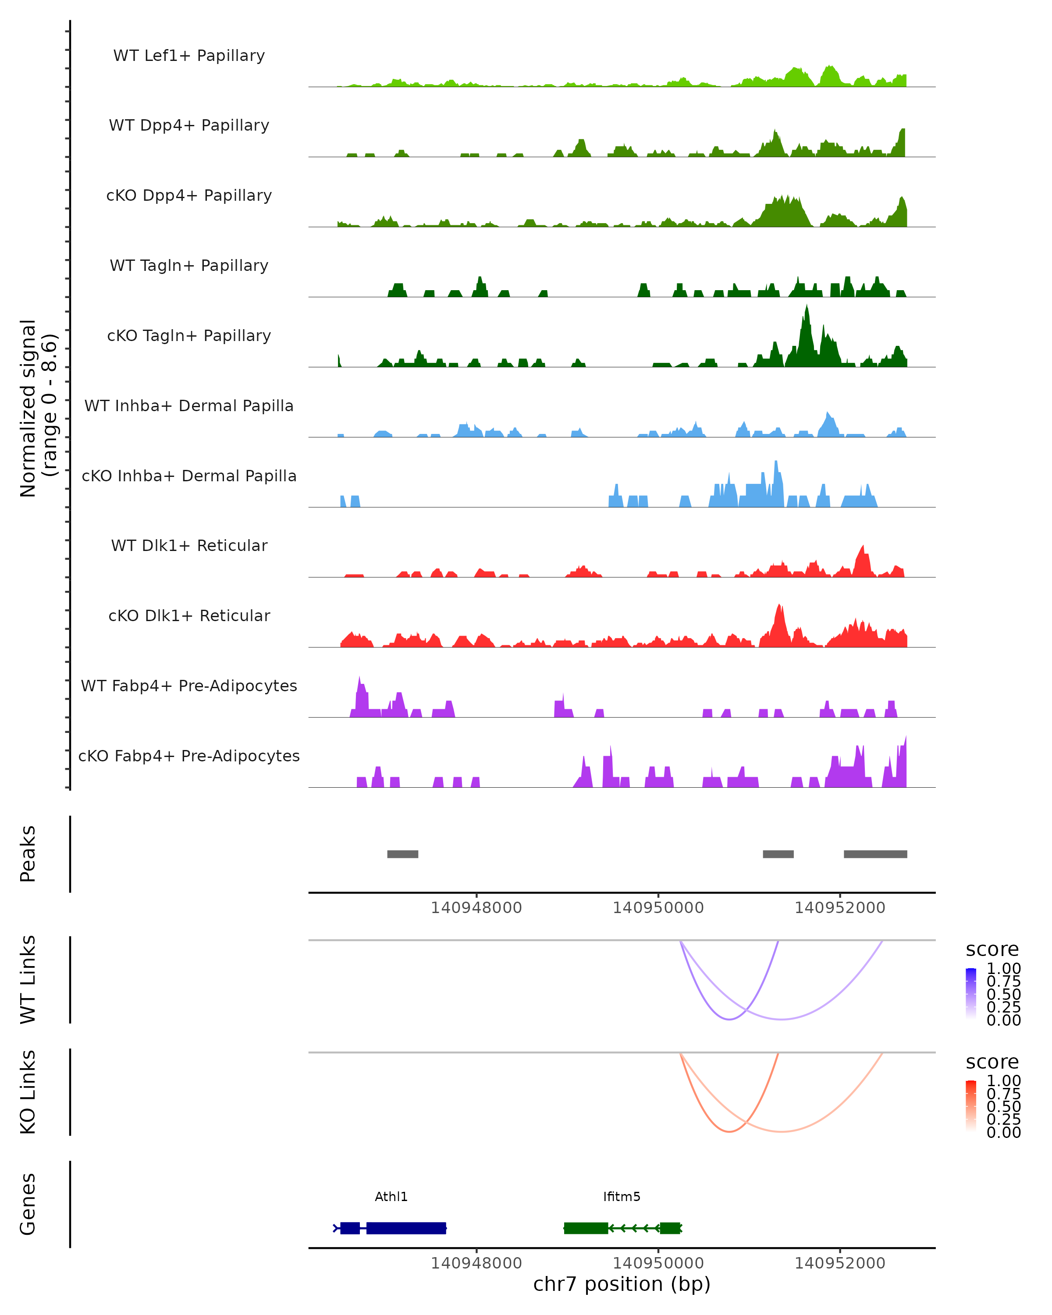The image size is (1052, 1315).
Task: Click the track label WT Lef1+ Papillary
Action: click(x=189, y=56)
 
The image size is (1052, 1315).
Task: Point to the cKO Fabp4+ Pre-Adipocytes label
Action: click(x=189, y=756)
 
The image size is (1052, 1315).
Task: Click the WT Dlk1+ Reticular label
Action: click(x=189, y=545)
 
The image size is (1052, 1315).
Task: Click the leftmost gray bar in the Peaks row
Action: click(x=402, y=854)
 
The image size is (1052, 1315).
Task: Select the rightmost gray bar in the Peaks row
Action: click(x=875, y=854)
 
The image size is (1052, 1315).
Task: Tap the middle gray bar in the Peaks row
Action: click(x=778, y=854)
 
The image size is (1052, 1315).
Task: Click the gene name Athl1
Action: click(x=391, y=1197)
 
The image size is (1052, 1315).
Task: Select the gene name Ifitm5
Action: click(x=622, y=1197)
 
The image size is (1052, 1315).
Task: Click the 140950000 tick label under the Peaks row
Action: click(x=658, y=908)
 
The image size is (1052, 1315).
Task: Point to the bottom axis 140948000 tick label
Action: click(x=476, y=1263)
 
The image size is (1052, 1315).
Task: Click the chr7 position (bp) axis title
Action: click(x=622, y=1284)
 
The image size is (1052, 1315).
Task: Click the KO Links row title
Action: click(x=28, y=1092)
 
